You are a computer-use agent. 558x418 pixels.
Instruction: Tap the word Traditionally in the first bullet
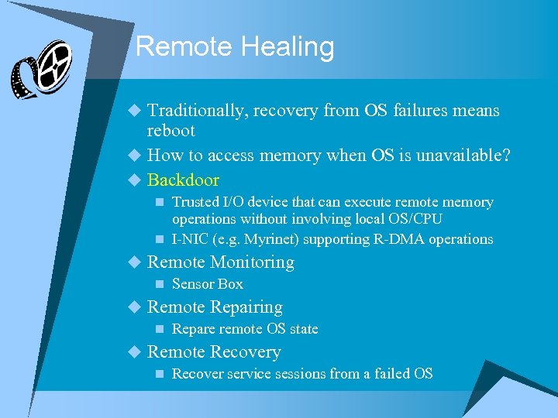(198, 111)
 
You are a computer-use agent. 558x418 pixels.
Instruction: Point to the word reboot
(170, 131)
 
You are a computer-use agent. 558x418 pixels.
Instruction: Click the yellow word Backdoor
(183, 180)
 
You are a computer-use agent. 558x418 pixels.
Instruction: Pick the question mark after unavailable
(506, 155)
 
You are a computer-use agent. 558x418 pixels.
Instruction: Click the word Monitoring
(253, 262)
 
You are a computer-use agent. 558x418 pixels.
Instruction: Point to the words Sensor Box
(207, 284)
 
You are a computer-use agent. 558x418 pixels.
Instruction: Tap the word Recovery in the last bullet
(246, 352)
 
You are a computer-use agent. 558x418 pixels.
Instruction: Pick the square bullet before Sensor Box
(158, 285)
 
